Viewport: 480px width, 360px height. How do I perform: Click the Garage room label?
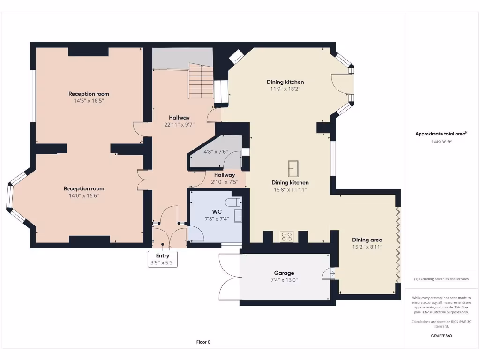[x=284, y=273]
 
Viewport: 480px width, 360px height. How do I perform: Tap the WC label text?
[x=217, y=211]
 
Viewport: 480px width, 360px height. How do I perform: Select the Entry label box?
[x=163, y=259]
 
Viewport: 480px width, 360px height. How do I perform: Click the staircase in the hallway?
[x=201, y=81]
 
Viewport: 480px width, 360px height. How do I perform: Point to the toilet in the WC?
[x=233, y=202]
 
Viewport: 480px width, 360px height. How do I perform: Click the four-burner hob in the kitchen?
[x=286, y=237]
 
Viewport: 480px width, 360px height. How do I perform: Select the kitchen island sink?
[x=293, y=168]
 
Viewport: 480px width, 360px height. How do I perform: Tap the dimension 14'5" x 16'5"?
[x=89, y=101]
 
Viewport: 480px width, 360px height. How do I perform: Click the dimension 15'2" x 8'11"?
[x=367, y=247]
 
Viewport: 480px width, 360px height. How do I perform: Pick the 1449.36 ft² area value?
[x=441, y=142]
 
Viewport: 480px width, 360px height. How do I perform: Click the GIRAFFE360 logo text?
[x=442, y=336]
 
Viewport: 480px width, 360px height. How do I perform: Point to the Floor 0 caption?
[x=203, y=342]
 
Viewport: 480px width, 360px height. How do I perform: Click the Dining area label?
[x=367, y=240]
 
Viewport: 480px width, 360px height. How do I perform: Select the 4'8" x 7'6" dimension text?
[x=216, y=151]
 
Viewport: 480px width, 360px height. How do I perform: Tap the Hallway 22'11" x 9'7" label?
[x=179, y=121]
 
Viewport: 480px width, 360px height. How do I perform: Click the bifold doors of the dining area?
[x=398, y=245]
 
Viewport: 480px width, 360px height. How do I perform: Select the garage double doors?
[x=230, y=277]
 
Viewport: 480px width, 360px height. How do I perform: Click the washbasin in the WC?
[x=238, y=216]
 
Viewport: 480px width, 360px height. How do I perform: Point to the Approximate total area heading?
[x=441, y=134]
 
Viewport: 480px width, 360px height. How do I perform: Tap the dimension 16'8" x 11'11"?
[x=290, y=189]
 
